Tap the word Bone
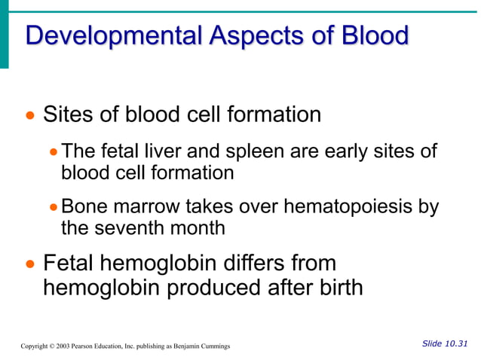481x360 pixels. coord(84,206)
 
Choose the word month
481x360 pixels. coord(198,227)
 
